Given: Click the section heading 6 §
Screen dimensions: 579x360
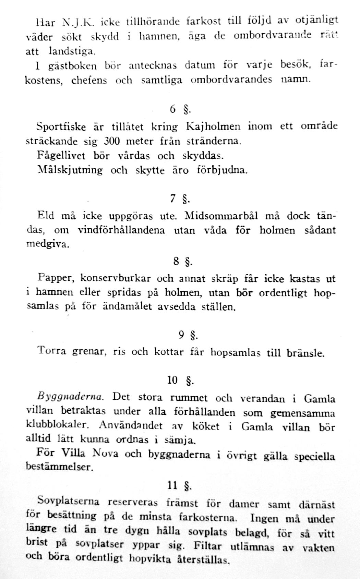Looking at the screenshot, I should [180, 109].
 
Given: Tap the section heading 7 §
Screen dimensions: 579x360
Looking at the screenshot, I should [180, 199].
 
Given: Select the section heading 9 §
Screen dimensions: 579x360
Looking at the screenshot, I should [188, 335].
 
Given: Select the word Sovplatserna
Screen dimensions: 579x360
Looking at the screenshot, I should [68, 501].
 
